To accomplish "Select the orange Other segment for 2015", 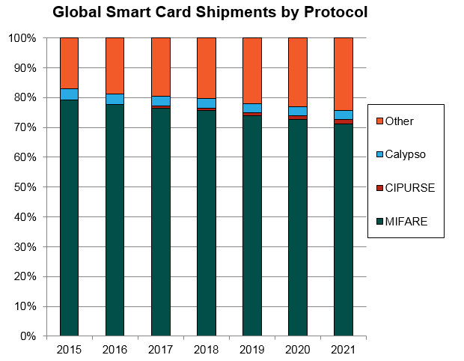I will (69, 63).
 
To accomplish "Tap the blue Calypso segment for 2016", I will (115, 99).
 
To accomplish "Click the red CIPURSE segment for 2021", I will (343, 121).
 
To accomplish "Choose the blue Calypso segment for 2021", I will (343, 115).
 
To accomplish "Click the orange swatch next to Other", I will (379, 121).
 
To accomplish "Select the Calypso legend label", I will (405, 154).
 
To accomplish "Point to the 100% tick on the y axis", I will (22, 38).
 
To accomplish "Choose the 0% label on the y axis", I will (28, 336).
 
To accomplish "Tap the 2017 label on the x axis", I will (160, 349).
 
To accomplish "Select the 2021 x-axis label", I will (343, 349).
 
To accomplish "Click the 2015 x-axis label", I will (69, 349).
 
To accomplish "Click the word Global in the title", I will (76, 13).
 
